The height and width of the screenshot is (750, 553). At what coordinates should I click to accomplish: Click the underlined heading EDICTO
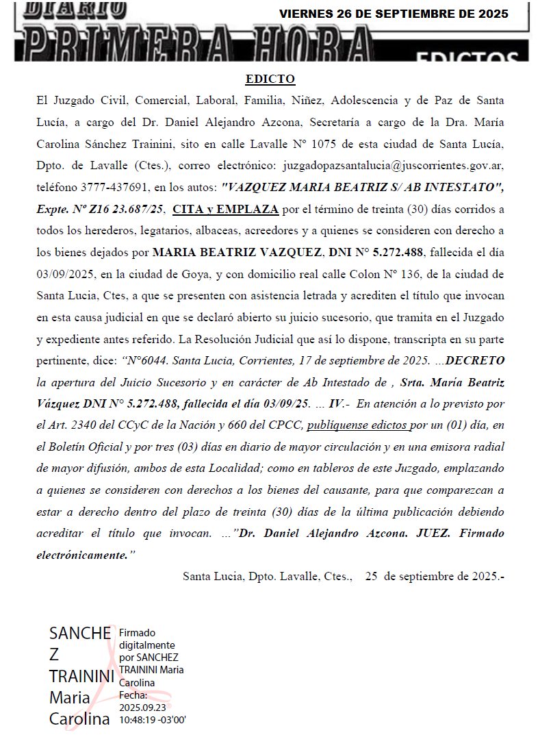[270, 79]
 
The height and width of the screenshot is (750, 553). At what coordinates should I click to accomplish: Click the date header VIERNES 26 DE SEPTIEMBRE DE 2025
[394, 14]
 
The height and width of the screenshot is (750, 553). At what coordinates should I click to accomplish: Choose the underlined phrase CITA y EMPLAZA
[225, 209]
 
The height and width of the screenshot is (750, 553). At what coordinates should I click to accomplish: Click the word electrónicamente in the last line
[81, 555]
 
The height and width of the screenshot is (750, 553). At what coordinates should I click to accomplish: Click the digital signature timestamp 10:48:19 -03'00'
[153, 721]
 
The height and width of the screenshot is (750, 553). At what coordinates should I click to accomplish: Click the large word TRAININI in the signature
[81, 677]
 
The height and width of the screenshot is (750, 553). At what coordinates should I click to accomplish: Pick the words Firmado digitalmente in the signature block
[146, 639]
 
